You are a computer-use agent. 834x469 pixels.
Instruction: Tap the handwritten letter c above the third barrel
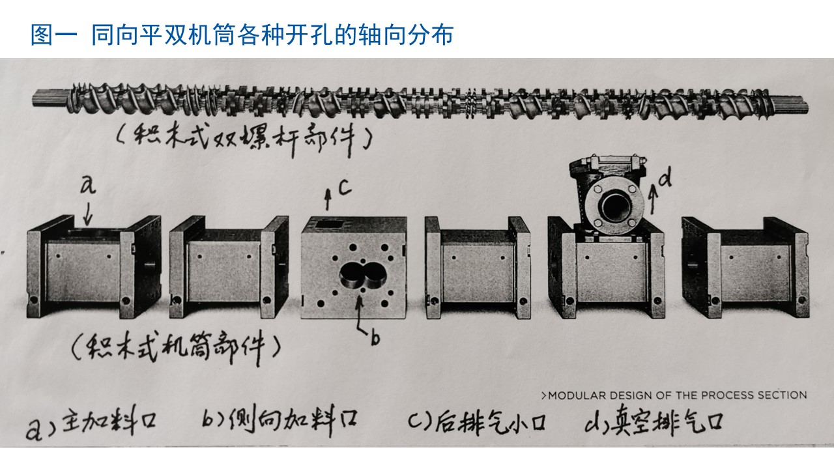(x=345, y=188)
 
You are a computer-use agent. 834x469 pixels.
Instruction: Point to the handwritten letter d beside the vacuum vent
(x=665, y=177)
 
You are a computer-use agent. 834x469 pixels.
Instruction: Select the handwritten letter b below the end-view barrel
(x=375, y=338)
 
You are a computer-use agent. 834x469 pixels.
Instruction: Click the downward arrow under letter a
(x=88, y=214)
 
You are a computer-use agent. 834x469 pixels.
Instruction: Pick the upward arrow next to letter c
(x=328, y=199)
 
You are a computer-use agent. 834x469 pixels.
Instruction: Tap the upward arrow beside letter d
(x=653, y=199)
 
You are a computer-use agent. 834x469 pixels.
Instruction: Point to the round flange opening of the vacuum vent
(x=615, y=206)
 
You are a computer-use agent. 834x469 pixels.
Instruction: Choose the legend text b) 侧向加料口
(x=280, y=421)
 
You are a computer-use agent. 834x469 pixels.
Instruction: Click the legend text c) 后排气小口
(x=478, y=422)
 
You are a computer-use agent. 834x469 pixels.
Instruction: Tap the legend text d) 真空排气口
(x=654, y=423)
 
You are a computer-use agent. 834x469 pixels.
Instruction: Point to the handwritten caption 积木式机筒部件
(x=176, y=348)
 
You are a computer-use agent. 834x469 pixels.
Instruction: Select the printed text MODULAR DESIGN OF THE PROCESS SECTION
(x=674, y=395)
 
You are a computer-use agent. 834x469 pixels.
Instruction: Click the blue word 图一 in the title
(x=54, y=35)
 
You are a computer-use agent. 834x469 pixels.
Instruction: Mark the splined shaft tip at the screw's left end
(x=50, y=100)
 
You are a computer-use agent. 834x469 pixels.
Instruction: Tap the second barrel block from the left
(x=229, y=267)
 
